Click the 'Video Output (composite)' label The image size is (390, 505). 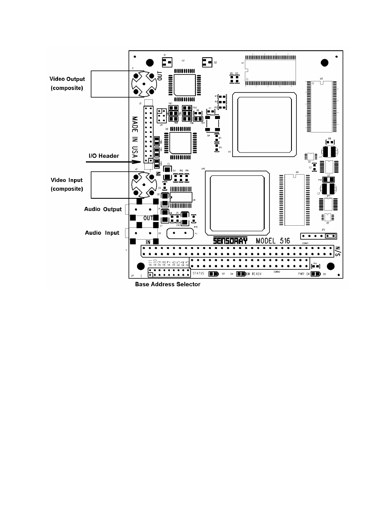(x=67, y=83)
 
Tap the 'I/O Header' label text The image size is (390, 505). (x=104, y=156)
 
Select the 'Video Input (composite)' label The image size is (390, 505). (x=67, y=184)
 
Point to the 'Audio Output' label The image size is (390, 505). (x=103, y=209)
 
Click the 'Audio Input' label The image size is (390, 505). (x=102, y=233)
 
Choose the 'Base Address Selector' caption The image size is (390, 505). (x=168, y=284)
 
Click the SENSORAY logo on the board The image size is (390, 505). (x=230, y=241)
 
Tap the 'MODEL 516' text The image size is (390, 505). (x=273, y=241)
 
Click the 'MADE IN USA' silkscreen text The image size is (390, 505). (x=134, y=139)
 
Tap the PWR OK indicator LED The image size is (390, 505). (x=316, y=274)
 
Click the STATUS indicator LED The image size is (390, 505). (x=213, y=274)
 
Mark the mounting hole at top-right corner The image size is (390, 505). (x=324, y=63)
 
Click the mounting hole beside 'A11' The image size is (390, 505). (x=140, y=267)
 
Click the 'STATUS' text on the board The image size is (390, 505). (x=198, y=273)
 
